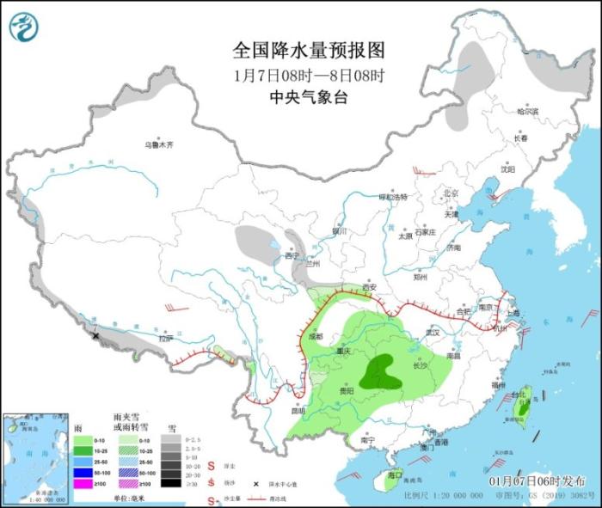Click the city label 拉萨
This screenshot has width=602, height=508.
(x=165, y=339)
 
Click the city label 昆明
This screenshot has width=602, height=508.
(x=298, y=410)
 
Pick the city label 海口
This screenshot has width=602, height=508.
(x=396, y=474)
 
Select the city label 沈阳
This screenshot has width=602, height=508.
(x=513, y=169)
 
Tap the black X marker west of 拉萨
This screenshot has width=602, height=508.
(x=95, y=335)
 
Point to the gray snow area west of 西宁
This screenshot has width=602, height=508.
(x=256, y=241)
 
